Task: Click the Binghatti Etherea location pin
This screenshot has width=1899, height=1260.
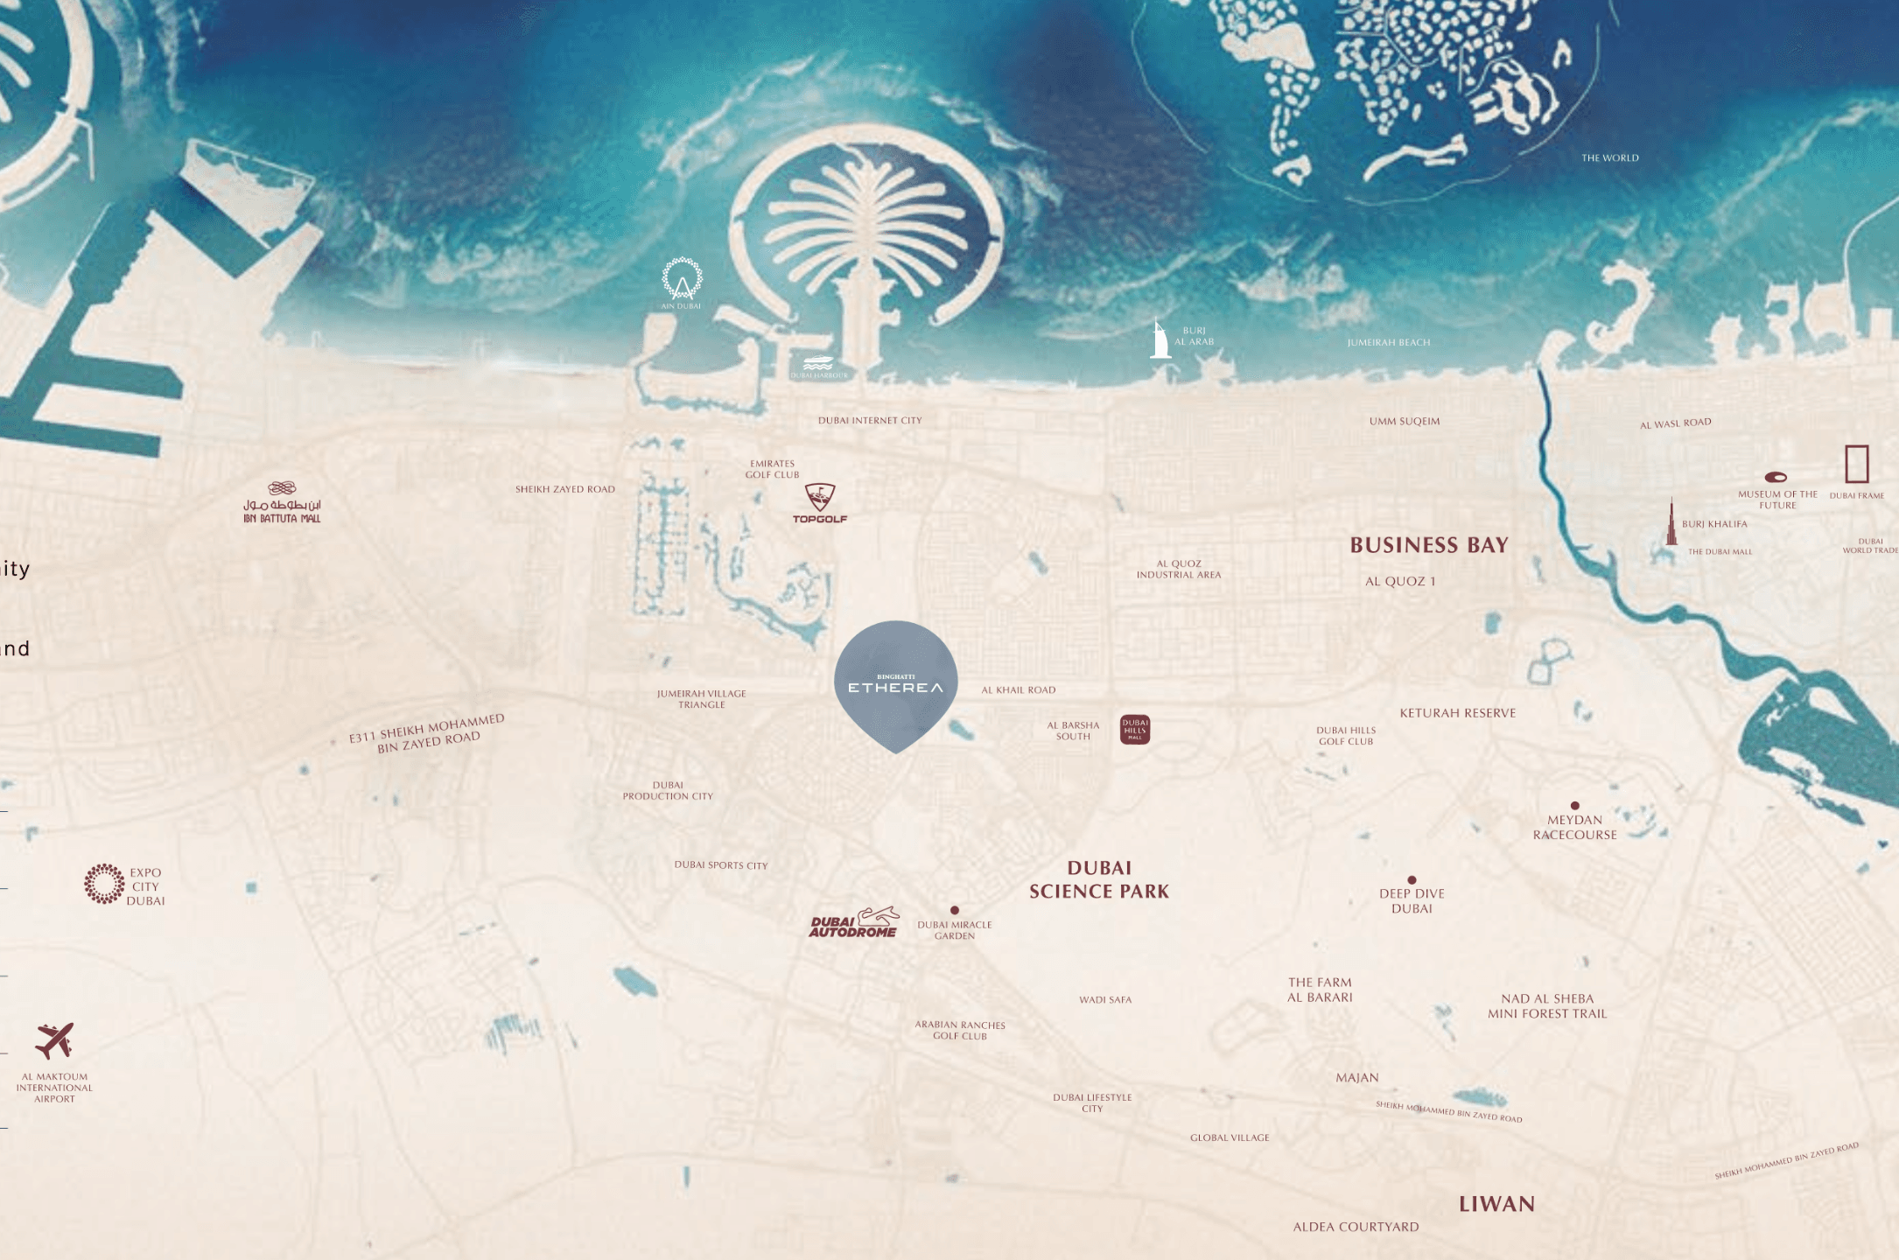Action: (x=895, y=682)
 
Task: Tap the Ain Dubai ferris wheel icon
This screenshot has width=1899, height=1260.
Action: (x=682, y=279)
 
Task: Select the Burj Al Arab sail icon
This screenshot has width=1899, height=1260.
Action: (x=1160, y=339)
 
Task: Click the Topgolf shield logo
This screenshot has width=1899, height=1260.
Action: (x=820, y=497)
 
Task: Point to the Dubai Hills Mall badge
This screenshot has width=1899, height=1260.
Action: (x=1135, y=729)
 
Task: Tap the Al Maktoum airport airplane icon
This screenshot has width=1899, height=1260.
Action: (x=54, y=1040)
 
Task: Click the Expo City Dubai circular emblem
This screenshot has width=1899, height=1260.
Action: (x=104, y=884)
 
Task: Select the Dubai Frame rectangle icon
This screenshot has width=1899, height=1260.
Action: (x=1856, y=464)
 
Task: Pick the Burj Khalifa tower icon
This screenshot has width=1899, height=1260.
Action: (x=1671, y=522)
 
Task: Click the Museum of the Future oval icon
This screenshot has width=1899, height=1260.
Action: (x=1776, y=477)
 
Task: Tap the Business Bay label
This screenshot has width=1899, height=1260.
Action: (x=1429, y=545)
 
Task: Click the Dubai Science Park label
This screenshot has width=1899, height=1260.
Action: (x=1099, y=879)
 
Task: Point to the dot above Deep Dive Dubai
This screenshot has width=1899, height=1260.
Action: (x=1412, y=880)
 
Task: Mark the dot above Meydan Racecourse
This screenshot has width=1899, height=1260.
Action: (x=1575, y=805)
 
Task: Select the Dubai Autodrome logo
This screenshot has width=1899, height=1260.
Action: (x=854, y=923)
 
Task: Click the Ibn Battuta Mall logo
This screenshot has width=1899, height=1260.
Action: (x=282, y=502)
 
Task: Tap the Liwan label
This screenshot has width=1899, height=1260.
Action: (x=1496, y=1204)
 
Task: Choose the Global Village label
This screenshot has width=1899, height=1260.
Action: (x=1230, y=1137)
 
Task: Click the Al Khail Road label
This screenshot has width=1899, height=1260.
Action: (x=1019, y=689)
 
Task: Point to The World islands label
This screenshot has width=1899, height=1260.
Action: (x=1610, y=157)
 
